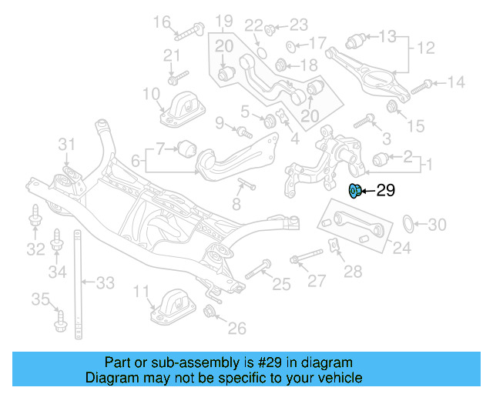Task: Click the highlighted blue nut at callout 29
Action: point(356,191)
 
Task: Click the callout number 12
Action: point(426,48)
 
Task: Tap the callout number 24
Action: point(402,248)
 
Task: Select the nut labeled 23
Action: point(270,30)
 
